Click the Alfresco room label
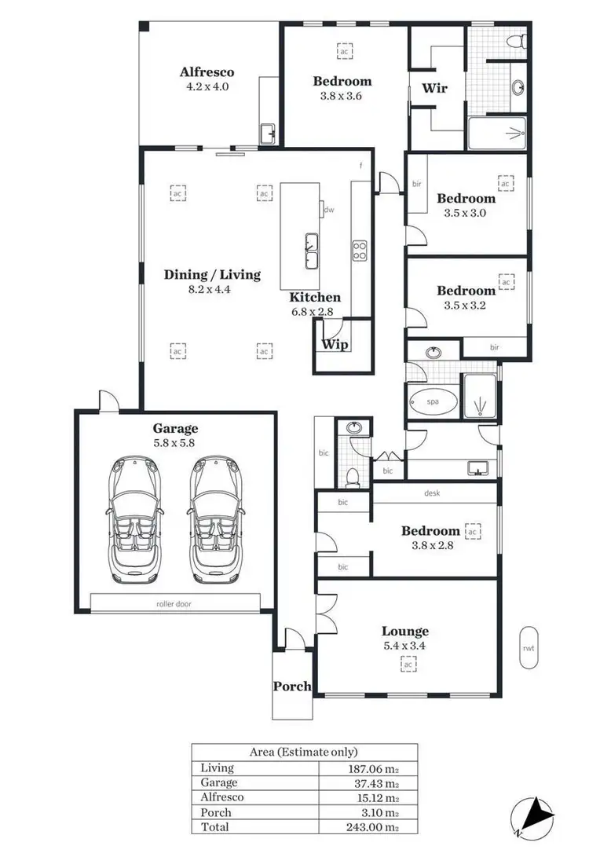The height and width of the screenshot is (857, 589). pos(207,72)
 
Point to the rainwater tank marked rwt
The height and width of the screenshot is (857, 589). pos(529,648)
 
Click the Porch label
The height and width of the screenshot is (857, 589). pos(292,686)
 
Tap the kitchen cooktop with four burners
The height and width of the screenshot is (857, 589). pos(360,251)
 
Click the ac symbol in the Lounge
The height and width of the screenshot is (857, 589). pos(408,665)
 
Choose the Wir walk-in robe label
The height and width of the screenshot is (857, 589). pos(434,88)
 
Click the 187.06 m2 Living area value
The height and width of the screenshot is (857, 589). pos(367,768)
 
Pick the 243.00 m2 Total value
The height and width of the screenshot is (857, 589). pos(367,827)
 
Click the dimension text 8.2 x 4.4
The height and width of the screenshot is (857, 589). pos(212,289)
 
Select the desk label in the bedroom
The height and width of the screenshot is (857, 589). pos(432,493)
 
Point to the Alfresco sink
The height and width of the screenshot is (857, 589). pos(267,132)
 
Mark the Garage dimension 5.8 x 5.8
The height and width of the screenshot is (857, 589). pos(175,442)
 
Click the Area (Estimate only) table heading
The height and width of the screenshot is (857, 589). pos(303,752)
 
